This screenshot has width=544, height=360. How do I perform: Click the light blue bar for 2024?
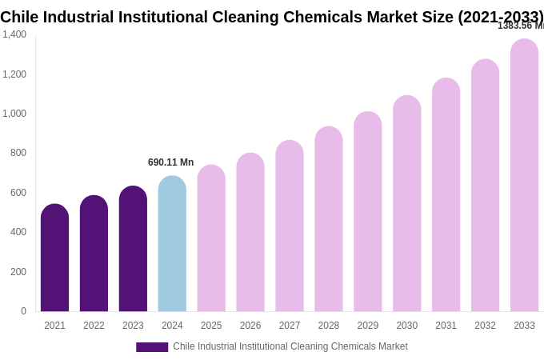172,244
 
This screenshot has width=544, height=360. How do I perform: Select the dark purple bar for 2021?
54,258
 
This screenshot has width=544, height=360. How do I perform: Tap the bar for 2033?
524,176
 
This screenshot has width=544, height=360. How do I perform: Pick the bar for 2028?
328,219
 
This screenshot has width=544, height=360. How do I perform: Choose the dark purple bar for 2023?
133,249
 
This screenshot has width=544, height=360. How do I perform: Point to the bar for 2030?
406,204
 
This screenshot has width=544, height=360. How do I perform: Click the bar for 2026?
250,232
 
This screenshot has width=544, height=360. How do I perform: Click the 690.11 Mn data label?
170,162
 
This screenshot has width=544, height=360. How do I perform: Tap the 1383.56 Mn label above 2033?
520,26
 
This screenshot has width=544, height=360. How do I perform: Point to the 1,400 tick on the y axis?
14,34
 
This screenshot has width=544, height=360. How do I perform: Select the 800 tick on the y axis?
18,153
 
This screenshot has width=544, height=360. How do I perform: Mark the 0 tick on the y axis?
23,311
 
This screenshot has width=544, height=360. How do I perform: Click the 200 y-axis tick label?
18,272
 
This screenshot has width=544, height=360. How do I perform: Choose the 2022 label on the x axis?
94,326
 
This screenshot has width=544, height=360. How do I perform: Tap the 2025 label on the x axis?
211,326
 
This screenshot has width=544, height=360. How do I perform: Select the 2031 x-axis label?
446,326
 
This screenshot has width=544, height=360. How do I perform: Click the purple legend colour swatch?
152,347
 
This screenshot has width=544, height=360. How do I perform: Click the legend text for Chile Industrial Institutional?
290,346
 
